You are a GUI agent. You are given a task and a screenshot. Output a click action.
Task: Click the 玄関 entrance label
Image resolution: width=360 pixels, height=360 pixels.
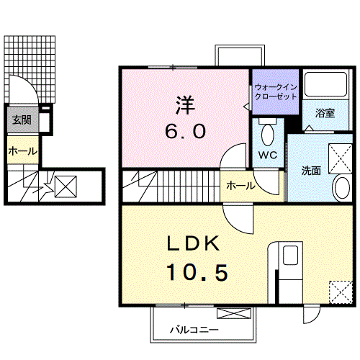tap(22, 120)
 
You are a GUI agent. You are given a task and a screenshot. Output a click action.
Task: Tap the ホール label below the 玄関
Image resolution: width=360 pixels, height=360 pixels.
tap(23, 151)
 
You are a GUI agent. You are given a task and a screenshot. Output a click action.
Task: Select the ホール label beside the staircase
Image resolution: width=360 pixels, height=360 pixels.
tap(240, 186)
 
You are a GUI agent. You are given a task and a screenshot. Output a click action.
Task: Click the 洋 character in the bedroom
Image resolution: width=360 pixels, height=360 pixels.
tap(185, 105)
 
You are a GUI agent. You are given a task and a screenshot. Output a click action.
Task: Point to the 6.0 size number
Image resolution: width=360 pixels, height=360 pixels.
tap(185, 132)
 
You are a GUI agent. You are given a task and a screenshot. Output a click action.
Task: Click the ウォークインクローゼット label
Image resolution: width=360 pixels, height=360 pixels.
tap(276, 91)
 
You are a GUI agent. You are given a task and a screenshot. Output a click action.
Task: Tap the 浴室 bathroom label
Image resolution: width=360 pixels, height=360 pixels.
tap(325, 113)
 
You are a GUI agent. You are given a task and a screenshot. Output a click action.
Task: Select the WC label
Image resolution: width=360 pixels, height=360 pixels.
tap(268, 155)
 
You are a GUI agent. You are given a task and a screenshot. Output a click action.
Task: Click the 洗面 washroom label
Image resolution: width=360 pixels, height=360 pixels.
tap(311, 171)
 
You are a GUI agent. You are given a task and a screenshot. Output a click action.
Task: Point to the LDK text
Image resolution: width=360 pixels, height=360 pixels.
tap(194, 243)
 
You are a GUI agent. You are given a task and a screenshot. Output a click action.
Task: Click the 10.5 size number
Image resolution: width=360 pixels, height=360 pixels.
tap(197, 272)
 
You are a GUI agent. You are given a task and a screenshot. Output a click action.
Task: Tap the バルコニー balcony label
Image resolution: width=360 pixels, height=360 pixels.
tap(194, 330)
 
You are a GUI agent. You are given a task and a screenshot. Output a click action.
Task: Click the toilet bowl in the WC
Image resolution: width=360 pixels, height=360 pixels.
tap(268, 135)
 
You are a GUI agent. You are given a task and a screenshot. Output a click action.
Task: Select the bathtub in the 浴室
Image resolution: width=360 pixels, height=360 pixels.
tap(325, 84)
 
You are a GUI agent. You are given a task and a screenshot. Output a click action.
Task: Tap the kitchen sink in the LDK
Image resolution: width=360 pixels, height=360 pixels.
tap(290, 256)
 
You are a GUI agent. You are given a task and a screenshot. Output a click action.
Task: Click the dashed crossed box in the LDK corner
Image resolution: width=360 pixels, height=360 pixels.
tap(341, 292)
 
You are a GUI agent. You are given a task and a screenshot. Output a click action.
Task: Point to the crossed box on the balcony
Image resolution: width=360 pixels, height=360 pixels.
tap(234, 313)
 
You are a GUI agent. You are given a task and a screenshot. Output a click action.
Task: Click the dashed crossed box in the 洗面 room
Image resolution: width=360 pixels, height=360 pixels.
tap(341, 158)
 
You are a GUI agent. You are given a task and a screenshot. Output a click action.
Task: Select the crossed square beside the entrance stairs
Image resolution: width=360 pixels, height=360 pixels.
tap(66, 186)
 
